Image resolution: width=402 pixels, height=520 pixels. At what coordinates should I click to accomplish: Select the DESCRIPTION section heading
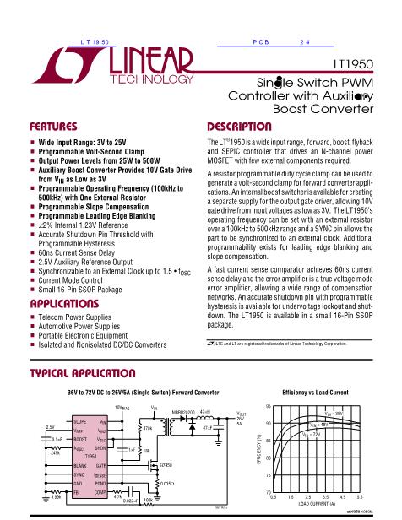pos(239,126)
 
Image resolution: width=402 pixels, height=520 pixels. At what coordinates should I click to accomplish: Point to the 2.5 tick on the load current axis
pos(309,498)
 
